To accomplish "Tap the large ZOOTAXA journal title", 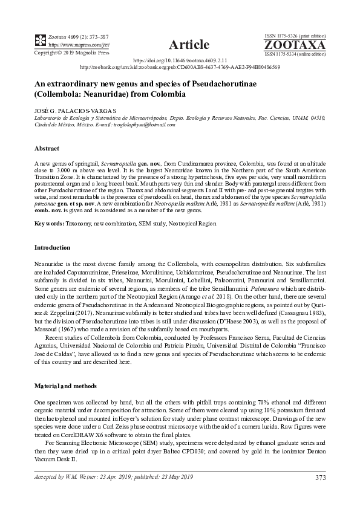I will point(295,45).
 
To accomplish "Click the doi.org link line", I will point(180,60).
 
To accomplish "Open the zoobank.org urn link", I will point(180,67).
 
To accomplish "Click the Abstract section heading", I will point(47,148).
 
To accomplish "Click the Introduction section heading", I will point(53,247).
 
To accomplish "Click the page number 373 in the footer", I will point(320,478).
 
